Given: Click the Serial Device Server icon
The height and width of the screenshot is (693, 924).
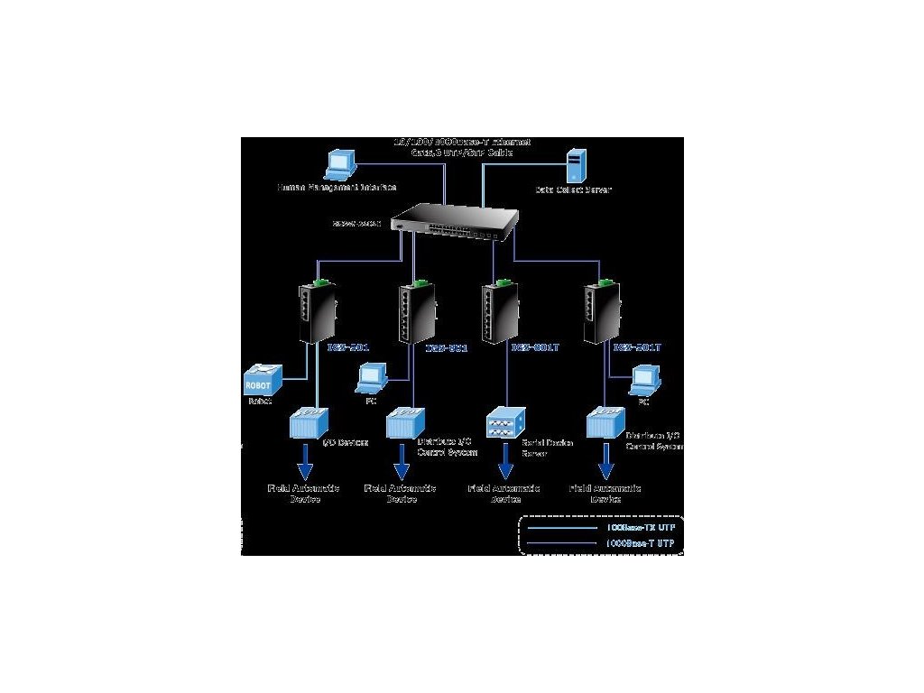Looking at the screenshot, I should pyautogui.click(x=504, y=424).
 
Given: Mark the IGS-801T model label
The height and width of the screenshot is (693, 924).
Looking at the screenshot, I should pyautogui.click(x=536, y=346).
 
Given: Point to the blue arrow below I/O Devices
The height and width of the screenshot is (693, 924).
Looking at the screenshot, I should pyautogui.click(x=305, y=467).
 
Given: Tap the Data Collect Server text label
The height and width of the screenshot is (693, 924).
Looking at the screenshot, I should pyautogui.click(x=573, y=190).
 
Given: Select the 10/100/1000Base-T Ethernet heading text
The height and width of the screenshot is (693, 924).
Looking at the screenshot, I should pyautogui.click(x=462, y=143).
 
